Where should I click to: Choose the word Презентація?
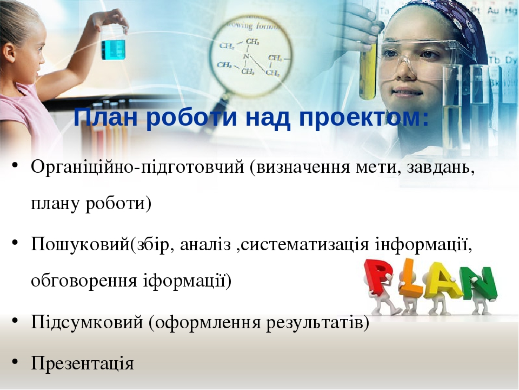coord(82,362)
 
